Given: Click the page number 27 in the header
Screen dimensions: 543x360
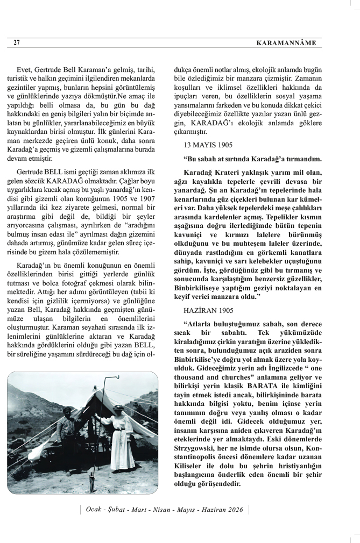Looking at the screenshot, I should (x=16, y=43).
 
